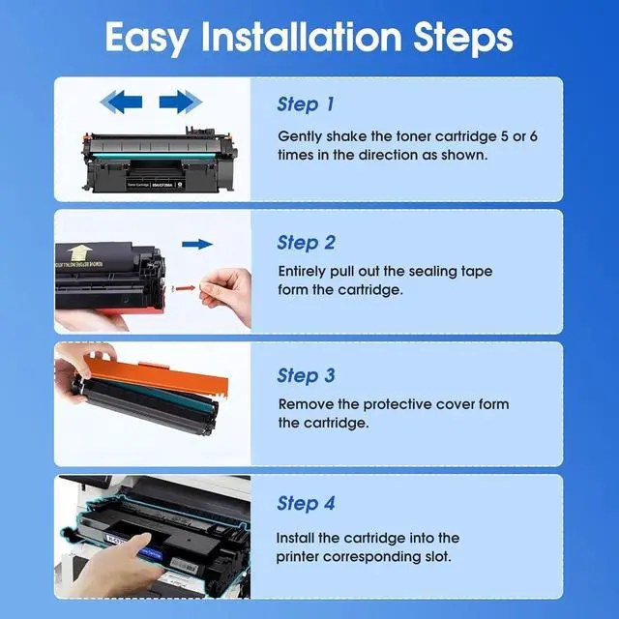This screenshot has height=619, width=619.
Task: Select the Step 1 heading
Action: pos(306,104)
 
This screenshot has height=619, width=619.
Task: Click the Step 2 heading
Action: pos(307,242)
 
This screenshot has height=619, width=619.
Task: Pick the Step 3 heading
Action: pos(307,375)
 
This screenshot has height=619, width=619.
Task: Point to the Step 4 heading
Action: pos(307,503)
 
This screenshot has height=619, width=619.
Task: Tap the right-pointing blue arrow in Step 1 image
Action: pos(180,102)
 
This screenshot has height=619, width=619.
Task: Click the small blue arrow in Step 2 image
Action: pos(197,246)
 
